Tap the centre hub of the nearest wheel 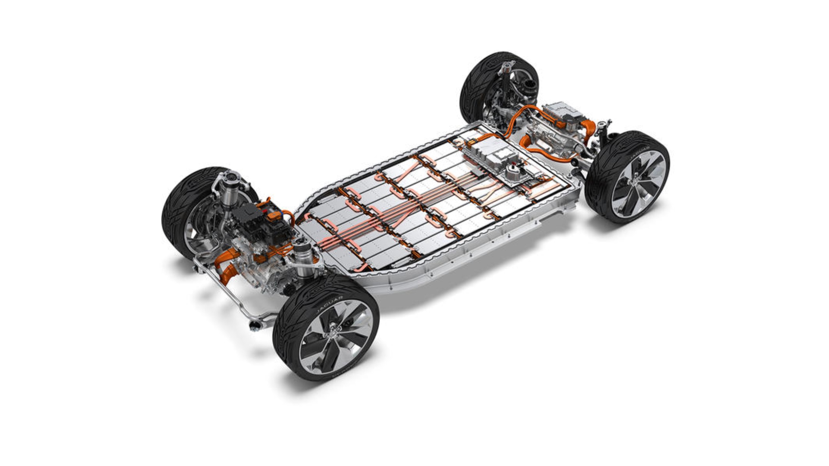point(334,337)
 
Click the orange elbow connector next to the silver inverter point(588,125)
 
